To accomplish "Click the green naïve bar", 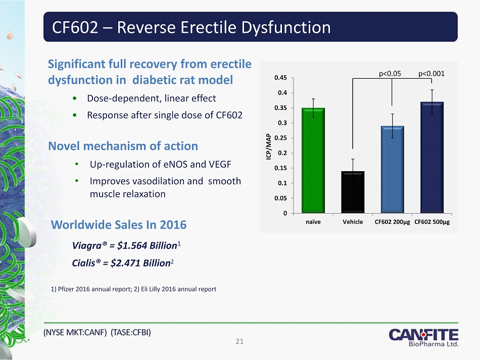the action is [313, 160].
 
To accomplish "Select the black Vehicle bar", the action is [353, 192].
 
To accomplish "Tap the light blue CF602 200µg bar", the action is [393, 170].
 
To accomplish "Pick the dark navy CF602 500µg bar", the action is [432, 158].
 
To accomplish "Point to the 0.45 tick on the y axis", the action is [293, 78].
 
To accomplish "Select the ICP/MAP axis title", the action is [268, 146].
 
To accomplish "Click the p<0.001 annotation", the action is [431, 74].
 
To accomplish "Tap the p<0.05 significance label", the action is [390, 74].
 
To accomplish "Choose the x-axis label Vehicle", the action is [353, 222].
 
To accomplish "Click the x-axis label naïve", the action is [313, 222].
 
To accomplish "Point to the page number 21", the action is [239, 341].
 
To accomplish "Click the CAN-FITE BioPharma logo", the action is [424, 337].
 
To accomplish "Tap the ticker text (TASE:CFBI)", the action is [131, 332].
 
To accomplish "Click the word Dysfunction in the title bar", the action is [286, 27].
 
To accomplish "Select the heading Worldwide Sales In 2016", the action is [119, 225].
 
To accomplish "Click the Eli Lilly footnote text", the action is [175, 289].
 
